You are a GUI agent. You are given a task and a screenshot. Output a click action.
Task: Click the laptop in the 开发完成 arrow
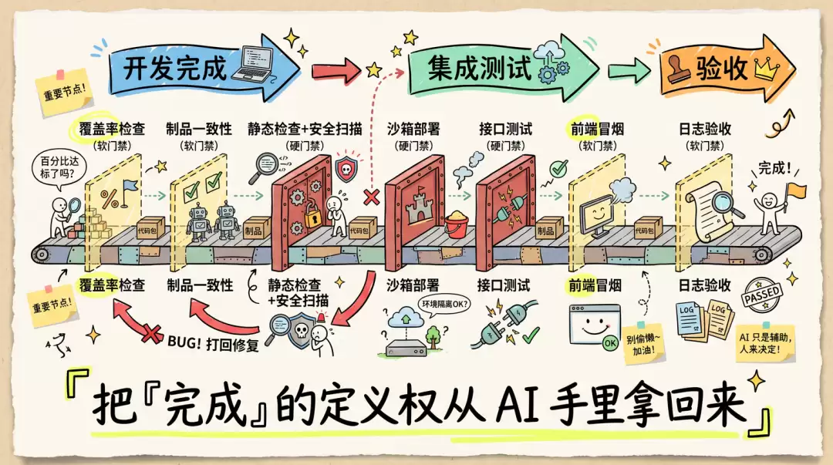point(256,63)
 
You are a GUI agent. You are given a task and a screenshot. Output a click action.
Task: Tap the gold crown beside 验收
point(767,69)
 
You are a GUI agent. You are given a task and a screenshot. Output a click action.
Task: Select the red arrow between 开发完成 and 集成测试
point(336,71)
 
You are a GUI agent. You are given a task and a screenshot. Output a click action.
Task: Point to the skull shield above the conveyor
point(346,168)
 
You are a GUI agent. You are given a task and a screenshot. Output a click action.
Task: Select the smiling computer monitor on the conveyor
point(595,215)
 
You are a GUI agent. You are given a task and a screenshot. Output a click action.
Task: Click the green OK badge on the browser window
point(610,343)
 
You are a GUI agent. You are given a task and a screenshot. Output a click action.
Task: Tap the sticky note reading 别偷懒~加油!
point(644,344)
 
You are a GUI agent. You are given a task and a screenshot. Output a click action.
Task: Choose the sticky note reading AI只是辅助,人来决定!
point(762,342)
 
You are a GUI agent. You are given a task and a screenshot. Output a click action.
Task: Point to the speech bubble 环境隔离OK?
point(445,305)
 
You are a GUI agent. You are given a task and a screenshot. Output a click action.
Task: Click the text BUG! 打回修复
point(213,343)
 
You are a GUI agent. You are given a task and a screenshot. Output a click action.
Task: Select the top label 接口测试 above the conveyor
point(505,129)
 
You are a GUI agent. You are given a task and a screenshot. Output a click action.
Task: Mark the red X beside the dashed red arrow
point(371,197)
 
